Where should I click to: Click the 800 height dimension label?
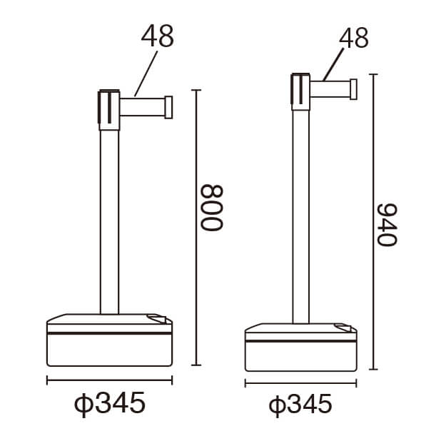(211, 208)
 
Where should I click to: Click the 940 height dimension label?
(387, 225)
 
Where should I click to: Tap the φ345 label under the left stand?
(110, 404)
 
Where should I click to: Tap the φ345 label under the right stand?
(300, 405)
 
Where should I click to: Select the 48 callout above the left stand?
(158, 36)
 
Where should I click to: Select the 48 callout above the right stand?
(354, 38)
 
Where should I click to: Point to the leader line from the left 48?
(146, 73)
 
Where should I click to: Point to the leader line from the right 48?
(333, 65)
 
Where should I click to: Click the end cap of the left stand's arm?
(168, 108)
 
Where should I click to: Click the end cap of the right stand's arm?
(353, 89)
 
